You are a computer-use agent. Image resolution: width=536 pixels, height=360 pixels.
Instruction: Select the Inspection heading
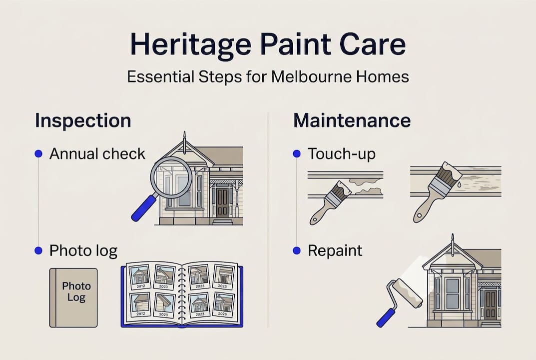tap(83, 121)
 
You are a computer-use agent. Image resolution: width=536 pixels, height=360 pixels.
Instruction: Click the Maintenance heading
tap(352, 121)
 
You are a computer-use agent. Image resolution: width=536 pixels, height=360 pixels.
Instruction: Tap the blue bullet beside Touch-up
tap(297, 154)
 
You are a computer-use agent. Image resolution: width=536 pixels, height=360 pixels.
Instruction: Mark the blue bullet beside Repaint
tap(297, 250)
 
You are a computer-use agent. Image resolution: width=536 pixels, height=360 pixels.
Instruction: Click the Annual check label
tap(97, 153)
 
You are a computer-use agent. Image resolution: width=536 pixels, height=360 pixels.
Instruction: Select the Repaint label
tap(335, 250)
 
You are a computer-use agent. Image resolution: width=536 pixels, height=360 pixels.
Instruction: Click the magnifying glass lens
tap(171, 177)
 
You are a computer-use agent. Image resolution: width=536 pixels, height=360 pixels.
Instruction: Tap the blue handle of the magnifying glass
tap(143, 208)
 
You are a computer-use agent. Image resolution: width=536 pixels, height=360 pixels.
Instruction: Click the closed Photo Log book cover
tap(73, 297)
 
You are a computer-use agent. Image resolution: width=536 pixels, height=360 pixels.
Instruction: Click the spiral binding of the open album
tap(182, 292)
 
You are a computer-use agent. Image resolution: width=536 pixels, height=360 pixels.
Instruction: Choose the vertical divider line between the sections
tap(268, 220)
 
